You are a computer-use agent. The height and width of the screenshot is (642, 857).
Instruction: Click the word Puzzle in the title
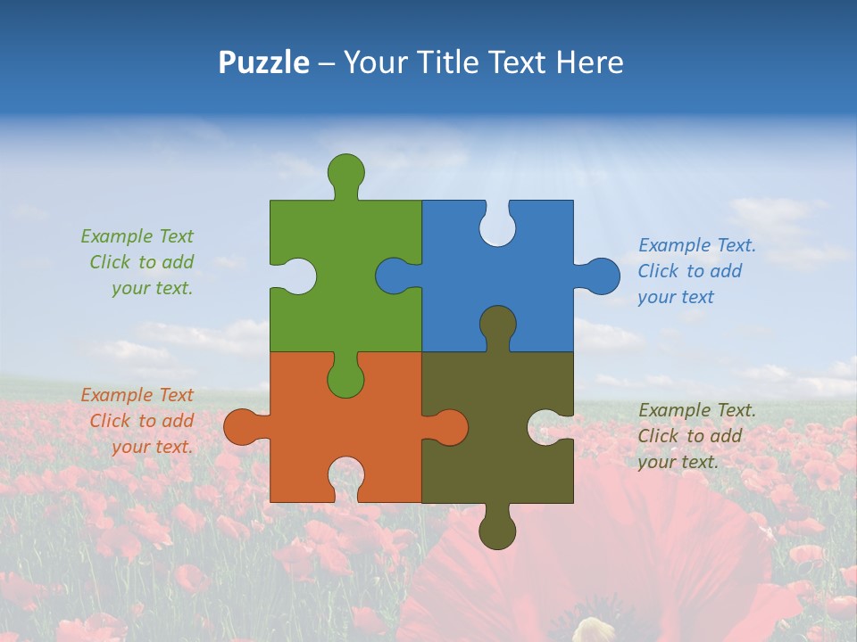[x=263, y=62]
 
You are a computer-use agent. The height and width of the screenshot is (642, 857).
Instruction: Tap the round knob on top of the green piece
[x=345, y=171]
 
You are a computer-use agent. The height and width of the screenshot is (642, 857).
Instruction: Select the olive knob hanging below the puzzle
[x=497, y=531]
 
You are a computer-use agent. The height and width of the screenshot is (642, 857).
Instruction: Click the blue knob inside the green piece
[x=394, y=276]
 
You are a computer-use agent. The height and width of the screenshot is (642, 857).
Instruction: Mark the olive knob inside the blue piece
[x=497, y=325]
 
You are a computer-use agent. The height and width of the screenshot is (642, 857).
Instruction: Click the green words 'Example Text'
[x=137, y=236]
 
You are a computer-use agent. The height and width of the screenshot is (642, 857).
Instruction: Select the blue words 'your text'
[x=676, y=297]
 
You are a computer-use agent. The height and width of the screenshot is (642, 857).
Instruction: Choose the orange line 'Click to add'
[x=141, y=421]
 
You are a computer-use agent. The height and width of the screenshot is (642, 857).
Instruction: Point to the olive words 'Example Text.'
[x=696, y=410]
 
